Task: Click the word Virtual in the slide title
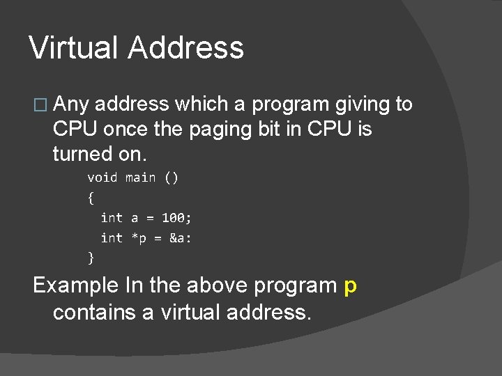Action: point(74,48)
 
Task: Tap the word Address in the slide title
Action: point(186,48)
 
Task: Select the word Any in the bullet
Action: point(70,105)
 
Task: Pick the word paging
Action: point(221,129)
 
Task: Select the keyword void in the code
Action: point(102,178)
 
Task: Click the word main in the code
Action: point(140,178)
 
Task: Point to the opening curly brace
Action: point(91,198)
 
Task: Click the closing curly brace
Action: point(91,258)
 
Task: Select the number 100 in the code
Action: point(174,218)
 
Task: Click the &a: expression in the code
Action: point(181,238)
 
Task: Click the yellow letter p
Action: point(351,286)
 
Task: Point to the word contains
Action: point(94,312)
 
